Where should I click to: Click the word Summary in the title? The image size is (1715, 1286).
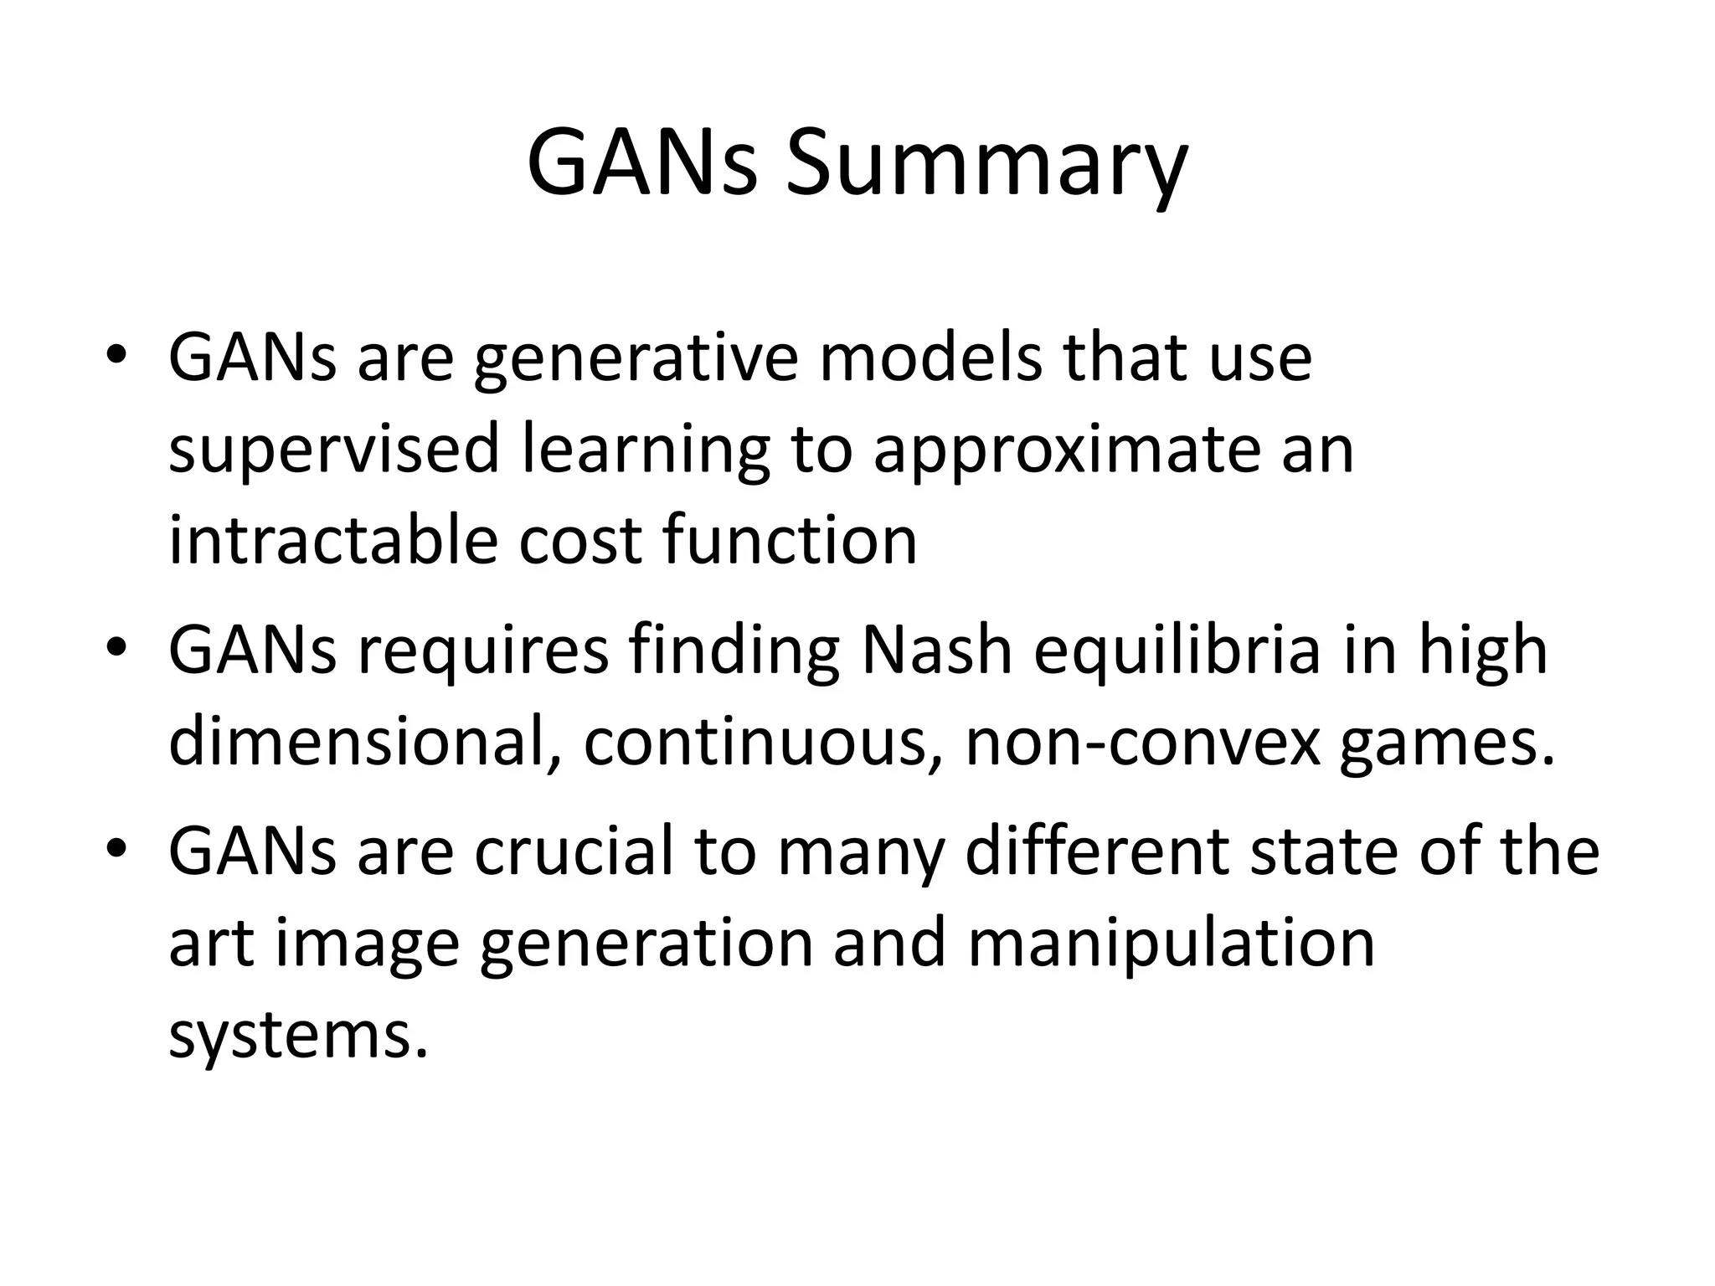coord(986,164)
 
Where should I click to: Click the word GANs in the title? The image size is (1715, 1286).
coord(641,164)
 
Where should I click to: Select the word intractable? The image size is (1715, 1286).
coord(333,540)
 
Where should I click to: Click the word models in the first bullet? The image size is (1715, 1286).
coord(930,358)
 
